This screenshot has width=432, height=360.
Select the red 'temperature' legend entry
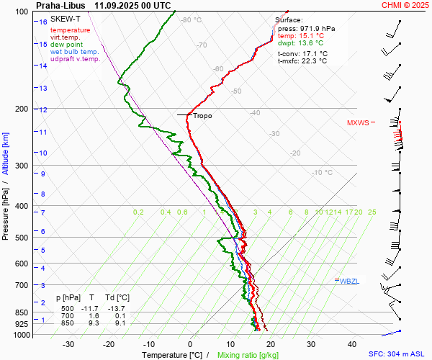71,30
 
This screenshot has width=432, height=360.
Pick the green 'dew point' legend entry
66,45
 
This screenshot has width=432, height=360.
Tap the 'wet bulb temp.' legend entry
75,52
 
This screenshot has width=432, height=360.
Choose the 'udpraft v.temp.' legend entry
76,59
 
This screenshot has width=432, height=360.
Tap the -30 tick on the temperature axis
69,344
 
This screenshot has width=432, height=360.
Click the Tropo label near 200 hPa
202,115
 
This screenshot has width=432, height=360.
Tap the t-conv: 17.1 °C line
302,53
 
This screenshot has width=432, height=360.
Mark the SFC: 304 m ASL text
398,354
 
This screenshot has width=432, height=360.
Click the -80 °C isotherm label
191,20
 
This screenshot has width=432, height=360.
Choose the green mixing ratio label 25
372,212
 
